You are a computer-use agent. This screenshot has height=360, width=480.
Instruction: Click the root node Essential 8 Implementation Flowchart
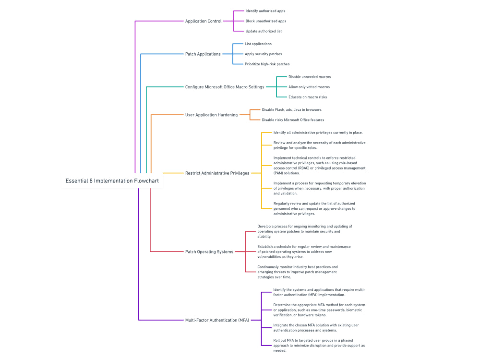(x=112, y=181)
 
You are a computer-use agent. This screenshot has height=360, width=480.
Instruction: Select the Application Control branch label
(x=204, y=21)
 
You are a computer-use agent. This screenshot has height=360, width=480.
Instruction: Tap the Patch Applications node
(x=203, y=54)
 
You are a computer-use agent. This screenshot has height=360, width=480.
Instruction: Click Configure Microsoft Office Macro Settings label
(x=225, y=87)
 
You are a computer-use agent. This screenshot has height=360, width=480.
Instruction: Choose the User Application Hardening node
(x=211, y=115)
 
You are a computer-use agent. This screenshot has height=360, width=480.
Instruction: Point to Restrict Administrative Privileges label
(x=217, y=173)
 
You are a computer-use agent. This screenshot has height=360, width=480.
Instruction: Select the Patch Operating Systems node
(x=209, y=252)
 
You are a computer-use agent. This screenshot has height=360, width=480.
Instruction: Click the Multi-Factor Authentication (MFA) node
(x=217, y=320)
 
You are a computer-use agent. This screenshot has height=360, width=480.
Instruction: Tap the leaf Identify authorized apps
(x=265, y=11)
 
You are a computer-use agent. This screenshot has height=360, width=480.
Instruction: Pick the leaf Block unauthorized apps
(x=266, y=21)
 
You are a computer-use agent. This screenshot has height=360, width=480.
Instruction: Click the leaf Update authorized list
(x=264, y=31)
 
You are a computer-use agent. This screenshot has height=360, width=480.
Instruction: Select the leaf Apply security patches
(x=264, y=54)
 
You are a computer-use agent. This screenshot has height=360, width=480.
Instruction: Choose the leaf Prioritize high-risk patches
(x=267, y=64)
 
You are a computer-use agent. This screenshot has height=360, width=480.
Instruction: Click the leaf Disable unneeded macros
(x=310, y=77)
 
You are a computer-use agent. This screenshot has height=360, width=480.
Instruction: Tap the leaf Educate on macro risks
(x=308, y=97)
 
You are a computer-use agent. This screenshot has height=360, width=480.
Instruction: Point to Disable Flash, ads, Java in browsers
(x=291, y=110)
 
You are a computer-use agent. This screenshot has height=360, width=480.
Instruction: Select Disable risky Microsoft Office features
(x=293, y=120)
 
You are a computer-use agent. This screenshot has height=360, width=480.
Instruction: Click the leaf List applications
(x=258, y=44)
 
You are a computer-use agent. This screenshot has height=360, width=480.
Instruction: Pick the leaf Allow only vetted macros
(x=309, y=87)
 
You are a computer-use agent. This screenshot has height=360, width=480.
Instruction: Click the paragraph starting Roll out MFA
(x=319, y=345)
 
